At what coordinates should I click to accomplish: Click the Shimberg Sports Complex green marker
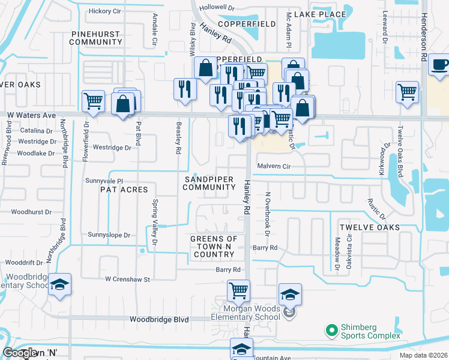pos(330,330)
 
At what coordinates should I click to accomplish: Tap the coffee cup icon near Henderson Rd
pos(439,65)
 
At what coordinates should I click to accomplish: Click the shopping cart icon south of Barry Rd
pos(238,291)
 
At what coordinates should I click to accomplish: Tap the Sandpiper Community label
pos(209,183)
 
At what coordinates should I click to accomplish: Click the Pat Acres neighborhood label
pos(124,190)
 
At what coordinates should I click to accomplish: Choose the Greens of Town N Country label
pos(214,247)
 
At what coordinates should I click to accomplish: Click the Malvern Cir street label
pos(274,166)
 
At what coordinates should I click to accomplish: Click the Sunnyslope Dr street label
pos(109,235)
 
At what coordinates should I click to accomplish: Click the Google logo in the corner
pos(20,353)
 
